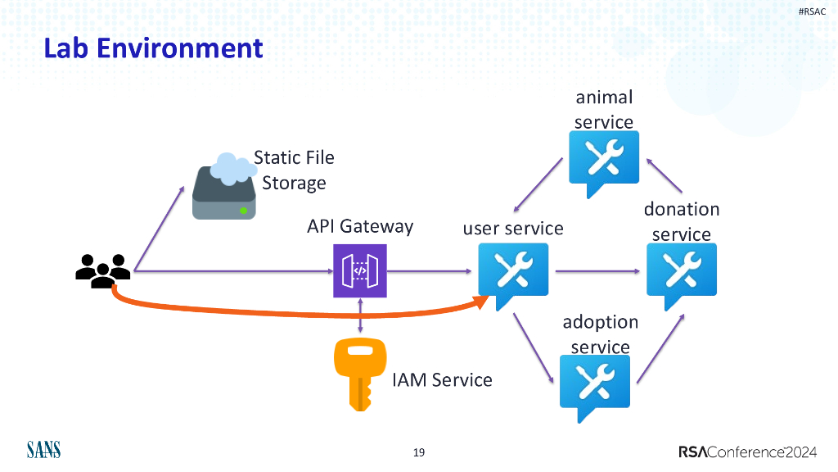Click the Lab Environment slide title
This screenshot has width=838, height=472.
click(153, 48)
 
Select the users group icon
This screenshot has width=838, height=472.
click(102, 270)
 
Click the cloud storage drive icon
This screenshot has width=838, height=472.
click(223, 188)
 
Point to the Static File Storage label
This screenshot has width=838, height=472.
click(295, 170)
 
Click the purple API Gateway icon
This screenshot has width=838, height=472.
click(360, 271)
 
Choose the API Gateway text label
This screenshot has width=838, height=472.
click(360, 225)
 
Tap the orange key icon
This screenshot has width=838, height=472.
click(355, 373)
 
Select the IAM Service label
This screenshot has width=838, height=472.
click(442, 379)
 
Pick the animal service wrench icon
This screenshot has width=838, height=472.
click(604, 161)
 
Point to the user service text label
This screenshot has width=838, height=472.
click(513, 228)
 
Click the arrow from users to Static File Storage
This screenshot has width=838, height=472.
click(160, 229)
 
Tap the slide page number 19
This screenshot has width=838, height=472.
click(419, 452)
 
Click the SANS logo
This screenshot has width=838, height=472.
click(43, 450)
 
